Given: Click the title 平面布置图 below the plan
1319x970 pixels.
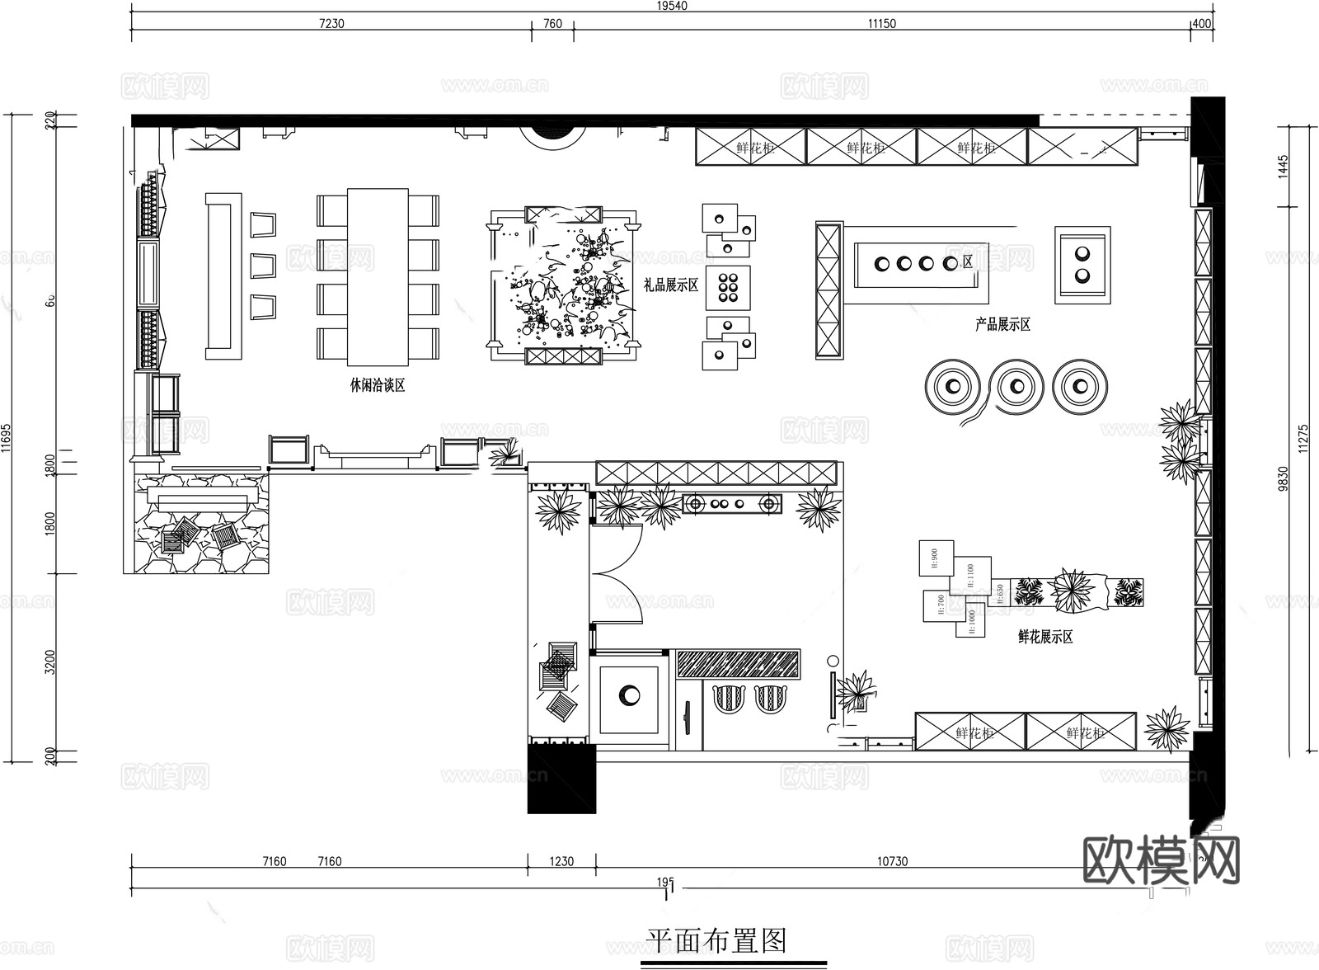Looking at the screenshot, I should coord(716,940).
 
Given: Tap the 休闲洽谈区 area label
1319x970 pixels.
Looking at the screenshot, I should coord(378,385).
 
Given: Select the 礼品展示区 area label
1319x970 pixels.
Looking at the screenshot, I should coord(670,285).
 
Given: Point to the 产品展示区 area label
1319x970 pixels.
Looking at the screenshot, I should coord(1002,325).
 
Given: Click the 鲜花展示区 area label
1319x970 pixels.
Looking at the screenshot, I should coord(1045,637).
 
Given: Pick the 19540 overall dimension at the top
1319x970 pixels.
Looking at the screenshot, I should coord(672,5).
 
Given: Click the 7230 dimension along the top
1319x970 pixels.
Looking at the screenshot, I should coord(331,24).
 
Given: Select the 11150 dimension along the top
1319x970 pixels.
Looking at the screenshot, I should coord(881,24).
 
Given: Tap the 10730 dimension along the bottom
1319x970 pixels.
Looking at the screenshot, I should coord(892,861).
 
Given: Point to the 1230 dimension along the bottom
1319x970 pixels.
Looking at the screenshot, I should coord(561,861).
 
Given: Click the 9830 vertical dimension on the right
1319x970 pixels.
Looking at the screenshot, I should coord(1283,478).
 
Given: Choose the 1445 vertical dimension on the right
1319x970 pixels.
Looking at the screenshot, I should coord(1283,166).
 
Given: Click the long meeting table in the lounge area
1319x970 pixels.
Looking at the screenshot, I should coord(378,277).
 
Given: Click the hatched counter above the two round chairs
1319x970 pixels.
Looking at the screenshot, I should coord(738,664).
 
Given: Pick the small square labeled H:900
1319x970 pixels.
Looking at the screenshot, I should coord(936,558).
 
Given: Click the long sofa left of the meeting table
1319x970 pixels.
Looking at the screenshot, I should coord(223,276).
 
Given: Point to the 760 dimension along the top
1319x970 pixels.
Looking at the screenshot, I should coord(553,24).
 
